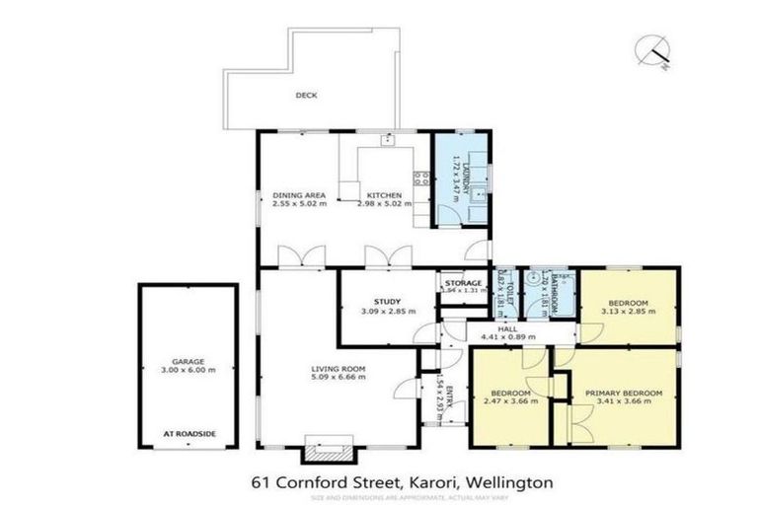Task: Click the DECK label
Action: pyautogui.click(x=305, y=96)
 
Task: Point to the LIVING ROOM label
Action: pyautogui.click(x=338, y=367)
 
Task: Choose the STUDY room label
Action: pyautogui.click(x=385, y=302)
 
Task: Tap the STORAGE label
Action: pyautogui.click(x=463, y=283)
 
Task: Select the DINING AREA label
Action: pyautogui.click(x=299, y=195)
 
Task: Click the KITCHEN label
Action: pyautogui.click(x=384, y=195)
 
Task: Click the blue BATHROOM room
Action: pyautogui.click(x=549, y=293)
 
